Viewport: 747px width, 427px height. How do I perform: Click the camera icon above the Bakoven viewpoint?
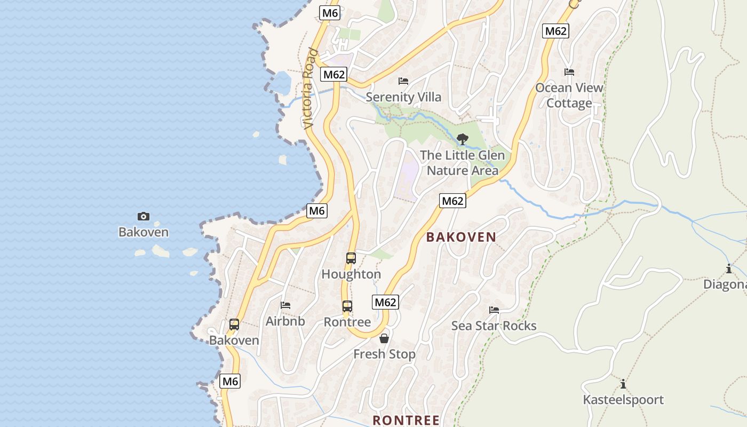[144, 216]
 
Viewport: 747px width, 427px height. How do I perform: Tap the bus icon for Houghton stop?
[351, 258]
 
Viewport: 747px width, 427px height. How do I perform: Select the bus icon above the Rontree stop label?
[347, 306]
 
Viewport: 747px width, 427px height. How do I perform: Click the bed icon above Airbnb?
[285, 305]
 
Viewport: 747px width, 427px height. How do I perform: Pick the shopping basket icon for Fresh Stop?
[384, 338]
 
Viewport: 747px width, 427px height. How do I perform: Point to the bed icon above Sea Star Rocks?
[494, 310]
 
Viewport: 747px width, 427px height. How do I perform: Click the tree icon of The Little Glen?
[463, 139]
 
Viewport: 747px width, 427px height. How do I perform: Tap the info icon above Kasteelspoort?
[623, 384]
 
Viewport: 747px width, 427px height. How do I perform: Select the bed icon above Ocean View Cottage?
[569, 72]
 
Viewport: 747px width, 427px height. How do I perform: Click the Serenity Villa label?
[403, 97]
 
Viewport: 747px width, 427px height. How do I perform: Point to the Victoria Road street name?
[310, 89]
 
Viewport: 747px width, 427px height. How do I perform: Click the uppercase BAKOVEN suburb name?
[461, 238]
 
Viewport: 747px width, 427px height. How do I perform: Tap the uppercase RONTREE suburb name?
[406, 420]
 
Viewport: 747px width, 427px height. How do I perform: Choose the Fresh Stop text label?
[384, 354]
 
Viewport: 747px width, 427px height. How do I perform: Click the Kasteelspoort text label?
[623, 400]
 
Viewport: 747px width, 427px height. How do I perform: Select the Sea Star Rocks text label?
[494, 326]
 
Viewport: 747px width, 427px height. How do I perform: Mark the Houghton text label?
[351, 274]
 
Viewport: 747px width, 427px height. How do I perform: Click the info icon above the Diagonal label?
[729, 268]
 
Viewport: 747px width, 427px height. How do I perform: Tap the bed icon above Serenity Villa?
[403, 81]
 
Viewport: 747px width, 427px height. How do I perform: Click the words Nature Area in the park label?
[462, 171]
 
